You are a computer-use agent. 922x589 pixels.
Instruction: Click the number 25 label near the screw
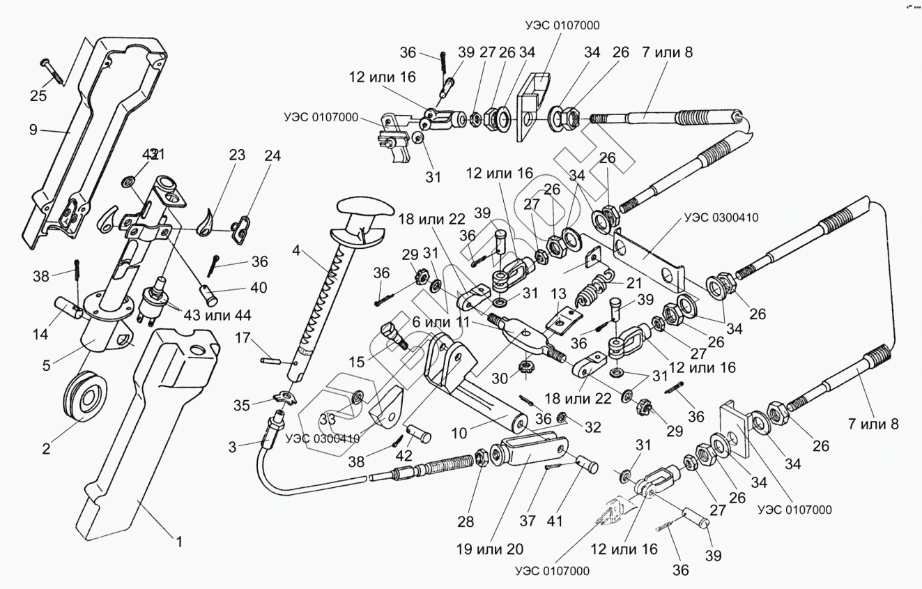click(38, 95)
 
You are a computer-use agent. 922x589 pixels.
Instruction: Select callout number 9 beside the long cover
click(33, 129)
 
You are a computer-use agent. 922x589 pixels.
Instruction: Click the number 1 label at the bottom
click(178, 540)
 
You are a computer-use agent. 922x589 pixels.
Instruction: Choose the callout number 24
click(272, 156)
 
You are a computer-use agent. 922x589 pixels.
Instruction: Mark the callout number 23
click(237, 155)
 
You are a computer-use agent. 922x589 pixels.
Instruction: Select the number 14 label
click(40, 334)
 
